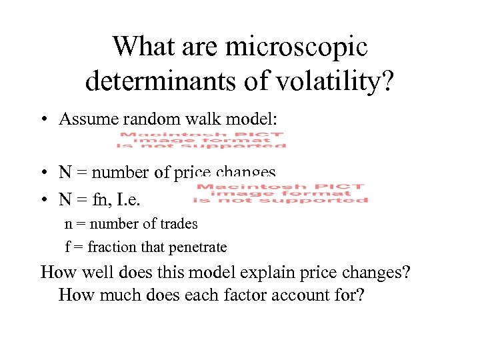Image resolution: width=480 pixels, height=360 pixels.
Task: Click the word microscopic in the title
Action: (297, 47)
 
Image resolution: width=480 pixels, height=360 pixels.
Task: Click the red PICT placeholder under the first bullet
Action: (202, 141)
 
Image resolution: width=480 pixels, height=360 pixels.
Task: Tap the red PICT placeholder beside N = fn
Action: (281, 193)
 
